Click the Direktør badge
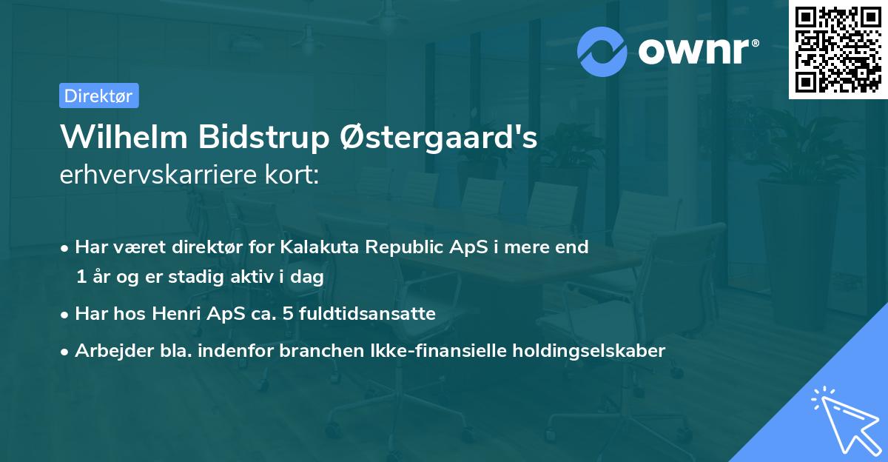(98, 96)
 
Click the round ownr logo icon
(602, 52)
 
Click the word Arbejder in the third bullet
(107, 351)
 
